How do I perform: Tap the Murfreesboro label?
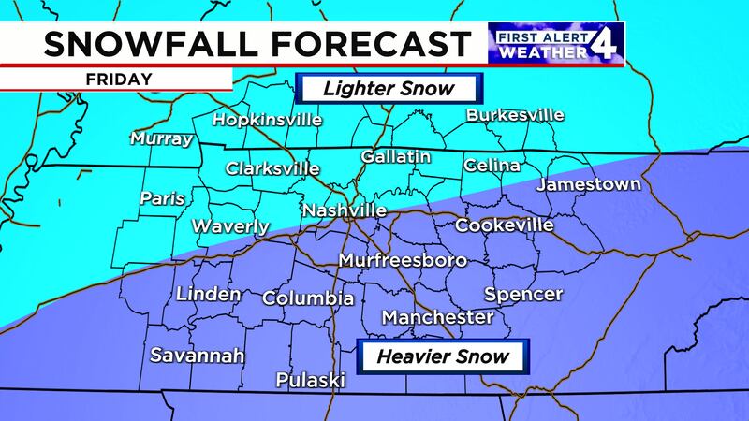coord(397,259)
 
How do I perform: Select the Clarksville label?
coord(272,169)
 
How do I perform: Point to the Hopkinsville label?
coord(267,120)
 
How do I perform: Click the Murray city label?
coord(161,139)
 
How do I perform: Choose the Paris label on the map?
coord(162,198)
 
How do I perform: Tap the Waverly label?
coord(230,226)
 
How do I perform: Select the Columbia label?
coord(308,298)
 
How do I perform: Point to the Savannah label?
coord(198,356)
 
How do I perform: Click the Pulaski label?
coord(311,380)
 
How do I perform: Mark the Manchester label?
coord(437,318)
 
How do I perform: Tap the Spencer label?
coord(523,294)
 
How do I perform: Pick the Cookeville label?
coord(504,225)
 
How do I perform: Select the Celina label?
coord(492,166)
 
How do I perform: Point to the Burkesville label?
coord(515,115)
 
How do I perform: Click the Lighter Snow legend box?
coord(388,90)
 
